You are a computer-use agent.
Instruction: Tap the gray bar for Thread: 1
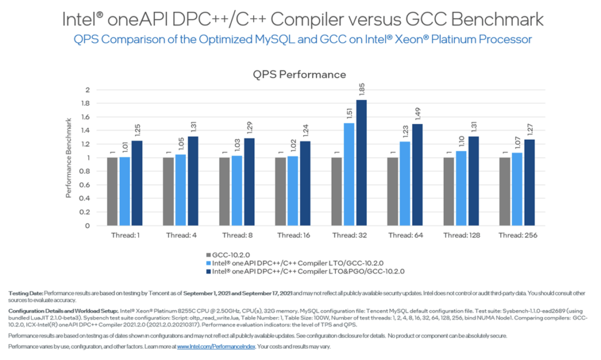pos(112,191)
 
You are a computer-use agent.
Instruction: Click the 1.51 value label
pos(349,113)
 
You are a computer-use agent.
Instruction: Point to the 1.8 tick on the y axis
pos(87,103)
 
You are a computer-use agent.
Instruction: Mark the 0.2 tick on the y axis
pos(87,212)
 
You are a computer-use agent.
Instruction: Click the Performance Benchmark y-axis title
pos(69,157)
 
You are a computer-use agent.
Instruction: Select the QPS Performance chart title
pos(299,75)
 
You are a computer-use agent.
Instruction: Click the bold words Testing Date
pos(26,292)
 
